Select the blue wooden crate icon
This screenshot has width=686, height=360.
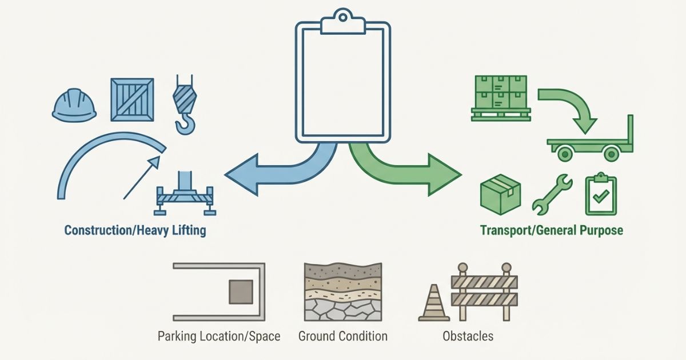tap(132, 100)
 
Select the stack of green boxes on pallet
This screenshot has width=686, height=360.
tap(501, 97)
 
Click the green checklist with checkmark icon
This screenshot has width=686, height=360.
tap(601, 196)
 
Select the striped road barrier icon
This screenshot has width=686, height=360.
tap(484, 291)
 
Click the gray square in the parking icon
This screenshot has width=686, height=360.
tap(241, 292)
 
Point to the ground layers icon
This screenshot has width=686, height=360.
tap(343, 292)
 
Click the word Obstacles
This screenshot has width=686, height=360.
tap(468, 336)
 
